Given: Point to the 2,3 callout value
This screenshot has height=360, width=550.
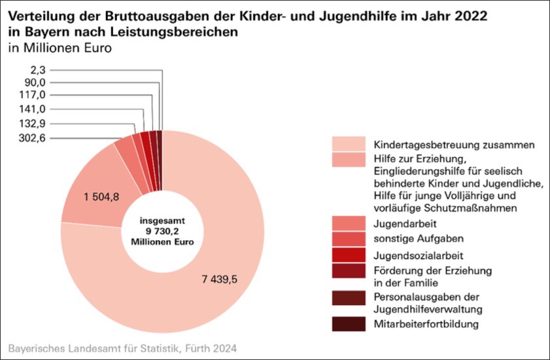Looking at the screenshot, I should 38,68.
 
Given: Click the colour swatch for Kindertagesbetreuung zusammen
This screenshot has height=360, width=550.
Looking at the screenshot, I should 348,143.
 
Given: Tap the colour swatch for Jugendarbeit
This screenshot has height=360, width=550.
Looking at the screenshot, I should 348,223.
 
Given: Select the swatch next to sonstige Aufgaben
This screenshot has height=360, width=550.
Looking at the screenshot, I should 348,239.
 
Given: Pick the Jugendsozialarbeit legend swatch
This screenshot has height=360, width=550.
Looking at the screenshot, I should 348,255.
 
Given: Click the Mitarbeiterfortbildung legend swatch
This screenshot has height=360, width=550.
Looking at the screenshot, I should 348,323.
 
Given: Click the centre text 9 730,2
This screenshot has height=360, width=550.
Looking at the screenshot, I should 163,230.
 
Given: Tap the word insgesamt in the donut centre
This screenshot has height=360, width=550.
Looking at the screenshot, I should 163,221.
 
